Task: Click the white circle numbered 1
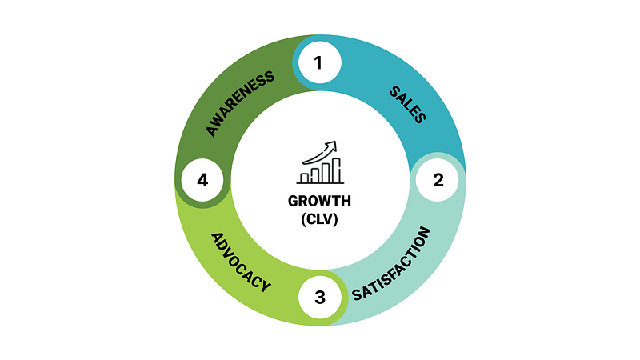coord(318,62)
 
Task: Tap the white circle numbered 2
coord(438,179)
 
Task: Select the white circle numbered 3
coord(320,298)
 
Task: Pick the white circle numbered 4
coord(202,180)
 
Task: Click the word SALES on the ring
coord(407,103)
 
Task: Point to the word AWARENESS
coord(240,102)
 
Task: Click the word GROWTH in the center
coord(320,201)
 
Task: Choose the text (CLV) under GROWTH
coord(320,219)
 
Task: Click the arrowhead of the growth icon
coord(332,145)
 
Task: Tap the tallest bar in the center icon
coord(336,170)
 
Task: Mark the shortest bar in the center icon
coord(304,178)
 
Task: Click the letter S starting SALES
coord(394,88)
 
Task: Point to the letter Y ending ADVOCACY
coord(266,286)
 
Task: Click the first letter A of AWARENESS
coord(212,130)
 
